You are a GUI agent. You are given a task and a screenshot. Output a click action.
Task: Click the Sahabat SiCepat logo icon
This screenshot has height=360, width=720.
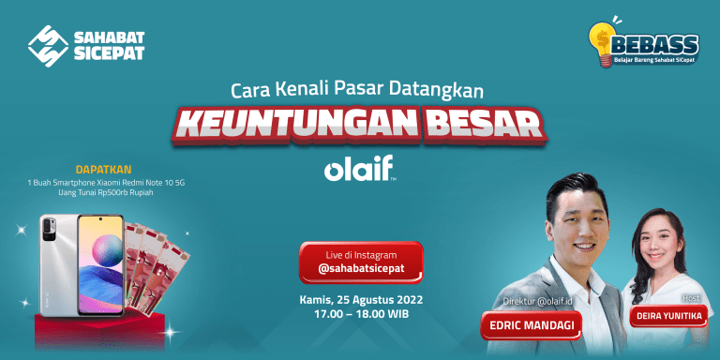(x=47, y=46)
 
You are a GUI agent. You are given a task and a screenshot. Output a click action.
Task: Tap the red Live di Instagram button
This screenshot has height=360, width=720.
(x=361, y=262)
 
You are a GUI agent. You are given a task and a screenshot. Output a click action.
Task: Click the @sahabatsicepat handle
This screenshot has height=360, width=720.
(x=361, y=270)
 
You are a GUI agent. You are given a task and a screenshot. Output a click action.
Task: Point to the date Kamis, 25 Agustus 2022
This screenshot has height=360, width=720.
(x=361, y=300)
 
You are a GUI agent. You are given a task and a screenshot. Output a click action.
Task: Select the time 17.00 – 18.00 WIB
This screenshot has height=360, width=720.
(x=361, y=315)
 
